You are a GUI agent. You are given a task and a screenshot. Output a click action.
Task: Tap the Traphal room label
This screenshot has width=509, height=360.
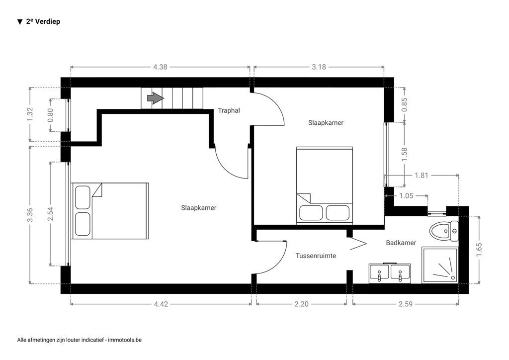click(229, 110)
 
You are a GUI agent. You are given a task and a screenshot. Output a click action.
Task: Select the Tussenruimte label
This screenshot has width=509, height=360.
click(316, 256)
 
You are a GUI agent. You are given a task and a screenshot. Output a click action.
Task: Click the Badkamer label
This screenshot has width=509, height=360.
click(401, 243)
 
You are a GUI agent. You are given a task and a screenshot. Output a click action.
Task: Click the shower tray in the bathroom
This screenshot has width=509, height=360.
click(439, 266)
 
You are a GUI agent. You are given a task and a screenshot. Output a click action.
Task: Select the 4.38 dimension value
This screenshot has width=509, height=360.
click(160, 67)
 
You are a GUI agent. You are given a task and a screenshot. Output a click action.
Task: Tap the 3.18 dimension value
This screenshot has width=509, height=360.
click(319, 67)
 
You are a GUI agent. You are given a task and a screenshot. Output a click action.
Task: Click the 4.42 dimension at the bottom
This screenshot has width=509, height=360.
click(161, 304)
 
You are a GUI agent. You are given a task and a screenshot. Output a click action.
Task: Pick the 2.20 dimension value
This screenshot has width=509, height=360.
click(301, 304)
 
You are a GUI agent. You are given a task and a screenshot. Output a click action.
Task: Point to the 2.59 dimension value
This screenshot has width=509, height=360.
click(406, 304)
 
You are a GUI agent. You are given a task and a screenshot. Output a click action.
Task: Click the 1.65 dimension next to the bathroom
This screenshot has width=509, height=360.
click(479, 249)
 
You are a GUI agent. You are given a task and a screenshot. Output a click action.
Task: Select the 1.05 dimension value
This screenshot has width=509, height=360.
click(406, 196)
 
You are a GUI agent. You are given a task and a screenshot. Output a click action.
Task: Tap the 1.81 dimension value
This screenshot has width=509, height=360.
click(421, 175)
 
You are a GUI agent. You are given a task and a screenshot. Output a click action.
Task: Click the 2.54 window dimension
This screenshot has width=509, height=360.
click(50, 214)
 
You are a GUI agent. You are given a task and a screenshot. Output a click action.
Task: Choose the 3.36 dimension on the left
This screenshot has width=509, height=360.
click(30, 214)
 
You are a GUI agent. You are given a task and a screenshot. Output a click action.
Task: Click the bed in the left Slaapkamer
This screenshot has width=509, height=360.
click(110, 211)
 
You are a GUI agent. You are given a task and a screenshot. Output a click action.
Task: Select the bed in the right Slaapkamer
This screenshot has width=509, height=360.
click(325, 185)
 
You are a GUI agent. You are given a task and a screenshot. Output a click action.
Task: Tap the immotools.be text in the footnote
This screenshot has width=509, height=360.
click(125, 340)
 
